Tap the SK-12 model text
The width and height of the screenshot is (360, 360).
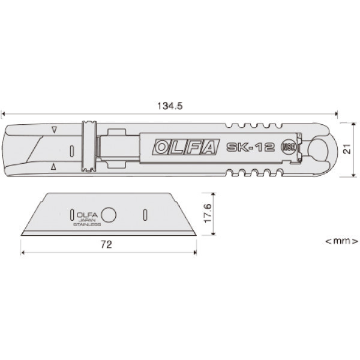251,147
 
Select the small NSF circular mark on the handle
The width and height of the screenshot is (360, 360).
289,148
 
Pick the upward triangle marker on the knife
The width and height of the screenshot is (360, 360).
54,166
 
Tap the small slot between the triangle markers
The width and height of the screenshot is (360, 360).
71,149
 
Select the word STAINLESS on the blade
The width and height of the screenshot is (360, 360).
86,226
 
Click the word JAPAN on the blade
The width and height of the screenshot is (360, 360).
86,222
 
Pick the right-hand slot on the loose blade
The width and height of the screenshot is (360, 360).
145,214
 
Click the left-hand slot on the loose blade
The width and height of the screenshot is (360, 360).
71,214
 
